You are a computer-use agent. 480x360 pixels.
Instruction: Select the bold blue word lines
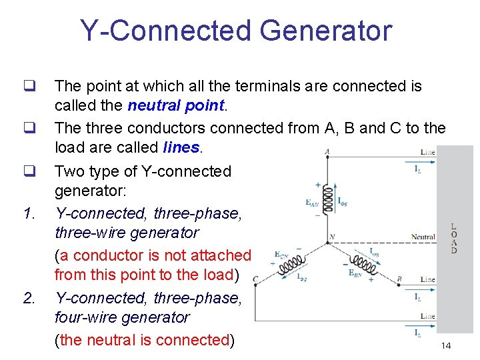[181, 147]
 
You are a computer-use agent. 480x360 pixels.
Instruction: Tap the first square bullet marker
[29, 86]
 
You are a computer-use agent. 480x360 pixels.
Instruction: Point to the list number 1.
[29, 214]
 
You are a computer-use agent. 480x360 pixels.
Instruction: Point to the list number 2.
[29, 298]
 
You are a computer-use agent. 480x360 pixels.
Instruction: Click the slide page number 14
[446, 345]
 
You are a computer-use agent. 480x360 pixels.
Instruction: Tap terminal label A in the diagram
[327, 151]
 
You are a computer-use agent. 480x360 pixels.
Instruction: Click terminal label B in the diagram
[399, 279]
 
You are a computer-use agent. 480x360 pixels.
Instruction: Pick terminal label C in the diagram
[255, 279]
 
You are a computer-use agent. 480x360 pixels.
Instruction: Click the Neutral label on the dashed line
[423, 237]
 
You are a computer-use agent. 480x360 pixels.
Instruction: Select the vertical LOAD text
[454, 238]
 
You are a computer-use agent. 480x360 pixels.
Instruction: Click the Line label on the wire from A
[427, 152]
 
